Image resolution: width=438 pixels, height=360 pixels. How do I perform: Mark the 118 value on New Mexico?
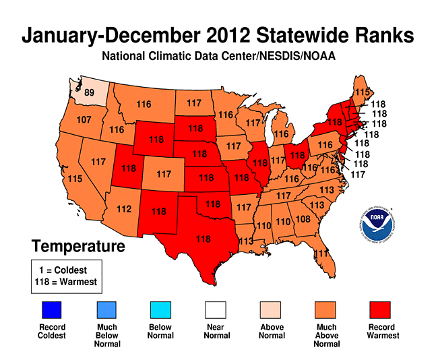(x=159, y=211)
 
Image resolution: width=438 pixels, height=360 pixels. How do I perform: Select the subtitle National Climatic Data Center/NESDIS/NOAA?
(x=219, y=56)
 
